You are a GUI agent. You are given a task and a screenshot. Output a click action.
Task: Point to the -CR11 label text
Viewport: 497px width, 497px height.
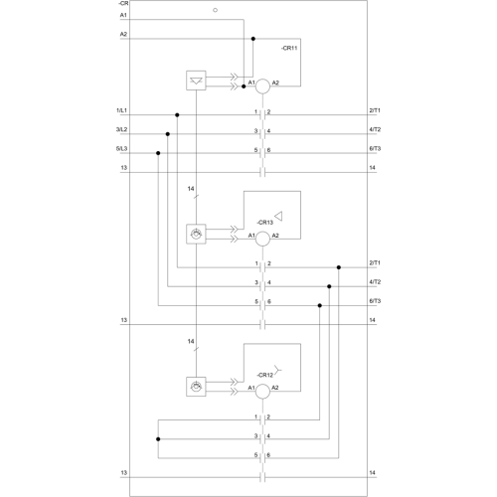pyautogui.click(x=289, y=48)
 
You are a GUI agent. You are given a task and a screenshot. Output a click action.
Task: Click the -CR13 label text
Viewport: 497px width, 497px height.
pyautogui.click(x=265, y=223)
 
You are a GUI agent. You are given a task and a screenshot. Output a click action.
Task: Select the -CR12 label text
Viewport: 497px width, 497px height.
pyautogui.click(x=265, y=375)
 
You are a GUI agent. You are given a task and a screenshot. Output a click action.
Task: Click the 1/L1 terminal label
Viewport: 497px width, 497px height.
pyautogui.click(x=121, y=110)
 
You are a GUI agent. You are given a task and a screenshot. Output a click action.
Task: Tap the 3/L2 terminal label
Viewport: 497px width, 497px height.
pyautogui.click(x=121, y=129)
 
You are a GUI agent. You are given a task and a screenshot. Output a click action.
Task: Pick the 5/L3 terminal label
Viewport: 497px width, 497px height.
pyautogui.click(x=121, y=149)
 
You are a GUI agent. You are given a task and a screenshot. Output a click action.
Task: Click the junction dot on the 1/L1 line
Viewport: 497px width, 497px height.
pyautogui.click(x=177, y=115)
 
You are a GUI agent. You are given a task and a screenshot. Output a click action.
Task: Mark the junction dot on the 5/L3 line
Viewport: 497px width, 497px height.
pyautogui.click(x=158, y=153)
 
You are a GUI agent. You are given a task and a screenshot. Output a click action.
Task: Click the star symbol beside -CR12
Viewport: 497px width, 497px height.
pyautogui.click(x=277, y=370)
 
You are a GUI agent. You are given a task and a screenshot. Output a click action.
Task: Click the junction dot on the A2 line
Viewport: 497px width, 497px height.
pyautogui.click(x=253, y=39)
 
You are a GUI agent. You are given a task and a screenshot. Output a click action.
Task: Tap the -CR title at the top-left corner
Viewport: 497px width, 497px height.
pyautogui.click(x=123, y=3)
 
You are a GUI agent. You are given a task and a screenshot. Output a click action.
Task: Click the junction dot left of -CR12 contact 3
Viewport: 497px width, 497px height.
pyautogui.click(x=158, y=439)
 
